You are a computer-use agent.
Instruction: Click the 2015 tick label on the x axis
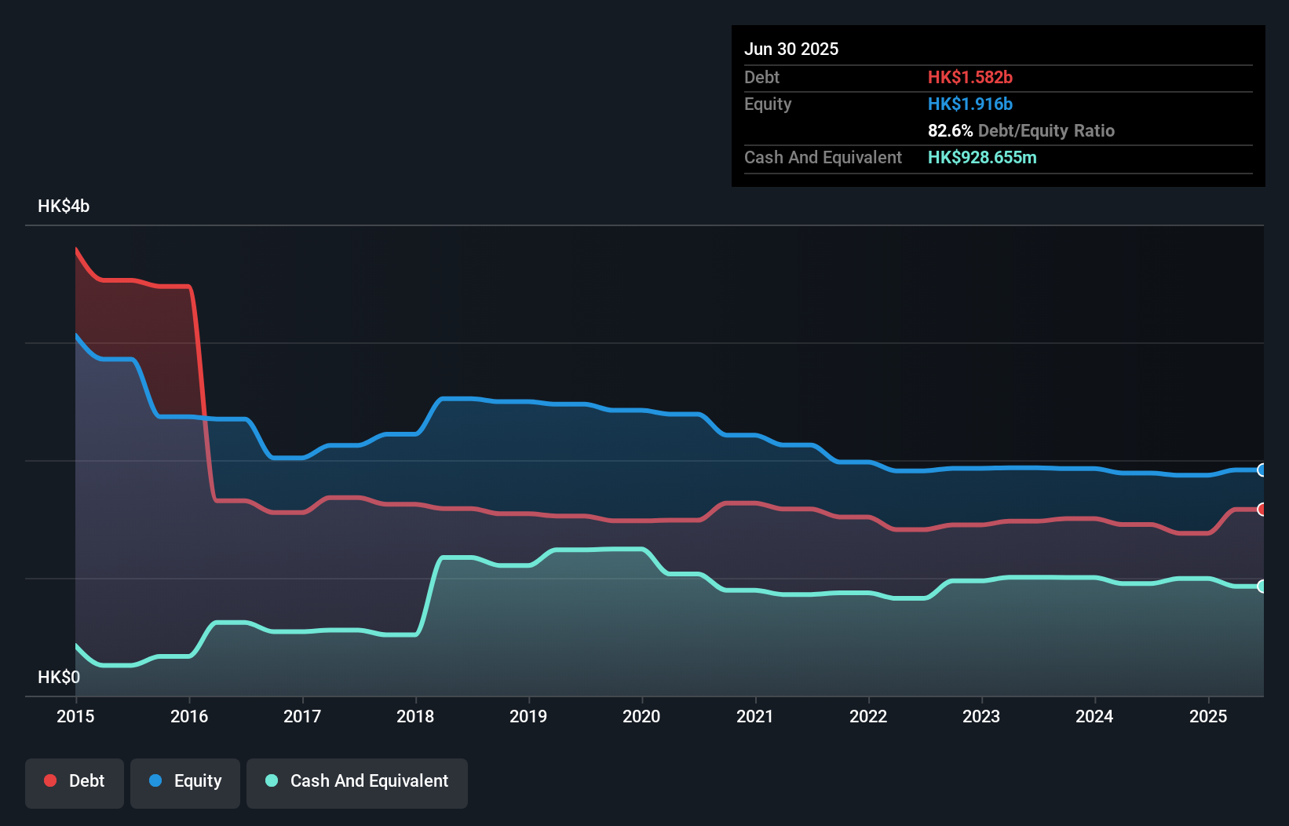pyautogui.click(x=75, y=716)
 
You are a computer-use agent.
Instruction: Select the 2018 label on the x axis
pyautogui.click(x=415, y=716)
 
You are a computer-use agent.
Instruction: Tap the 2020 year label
pyautogui.click(x=641, y=716)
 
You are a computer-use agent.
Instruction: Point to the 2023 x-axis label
pyautogui.click(x=981, y=716)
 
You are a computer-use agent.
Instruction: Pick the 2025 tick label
pyautogui.click(x=1207, y=716)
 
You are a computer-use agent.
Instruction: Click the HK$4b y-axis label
pyautogui.click(x=64, y=206)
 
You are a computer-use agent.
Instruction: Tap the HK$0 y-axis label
pyautogui.click(x=59, y=677)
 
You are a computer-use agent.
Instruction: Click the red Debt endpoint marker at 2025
pyautogui.click(x=1262, y=510)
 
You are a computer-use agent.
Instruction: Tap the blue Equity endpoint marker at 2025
pyautogui.click(x=1262, y=470)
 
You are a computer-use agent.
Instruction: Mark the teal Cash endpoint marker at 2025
pyautogui.click(x=1262, y=587)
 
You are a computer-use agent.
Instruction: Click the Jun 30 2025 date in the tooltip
pyautogui.click(x=791, y=49)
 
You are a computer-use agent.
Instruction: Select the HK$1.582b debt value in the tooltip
pyautogui.click(x=969, y=77)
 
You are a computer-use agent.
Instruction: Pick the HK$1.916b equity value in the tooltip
pyautogui.click(x=969, y=104)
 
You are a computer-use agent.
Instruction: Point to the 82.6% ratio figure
pyautogui.click(x=950, y=130)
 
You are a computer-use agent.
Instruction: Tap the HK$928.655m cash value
pyautogui.click(x=982, y=157)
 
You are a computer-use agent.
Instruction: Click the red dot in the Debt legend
pyautogui.click(x=50, y=780)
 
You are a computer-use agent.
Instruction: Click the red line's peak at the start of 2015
pyautogui.click(x=77, y=250)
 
